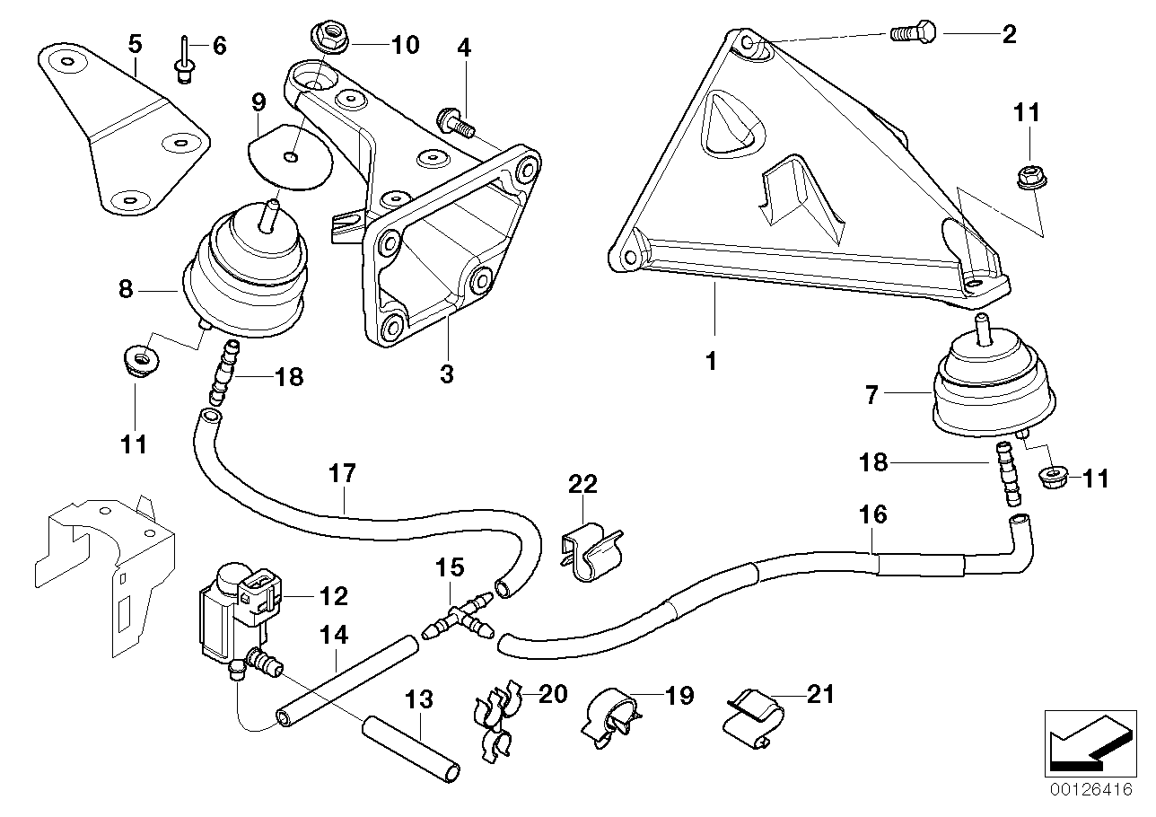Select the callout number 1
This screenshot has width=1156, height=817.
pyautogui.click(x=711, y=362)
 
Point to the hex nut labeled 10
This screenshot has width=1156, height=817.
pyautogui.click(x=327, y=38)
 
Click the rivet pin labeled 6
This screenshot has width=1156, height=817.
pyautogui.click(x=183, y=59)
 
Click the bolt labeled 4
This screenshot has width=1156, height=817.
pyautogui.click(x=454, y=120)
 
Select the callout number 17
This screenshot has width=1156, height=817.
pyautogui.click(x=343, y=472)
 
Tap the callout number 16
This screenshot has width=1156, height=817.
pyautogui.click(x=872, y=514)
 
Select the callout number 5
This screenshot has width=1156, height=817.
pyautogui.click(x=135, y=42)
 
